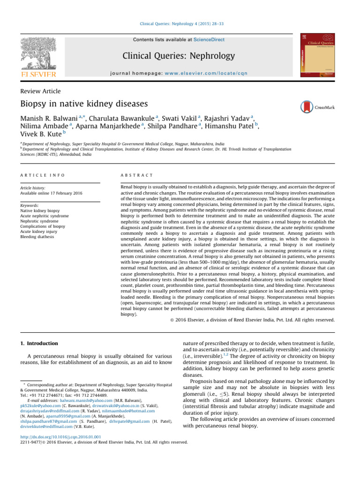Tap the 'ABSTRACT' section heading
(137, 175)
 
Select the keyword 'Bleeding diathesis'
(37, 237)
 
